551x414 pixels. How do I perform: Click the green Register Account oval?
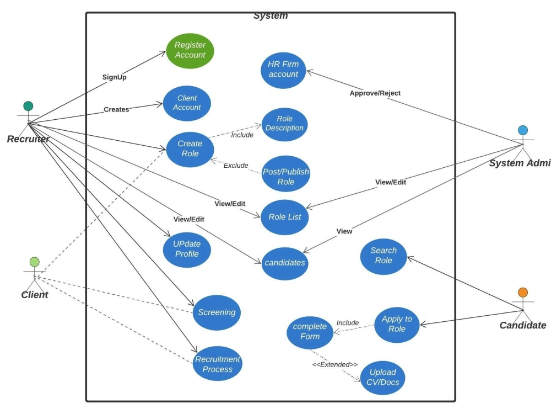pos(190,50)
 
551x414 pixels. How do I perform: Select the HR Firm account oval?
pos(283,70)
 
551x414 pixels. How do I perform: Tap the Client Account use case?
pos(187,103)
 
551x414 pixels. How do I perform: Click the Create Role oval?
pos(190,148)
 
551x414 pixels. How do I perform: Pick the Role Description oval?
pos(284,124)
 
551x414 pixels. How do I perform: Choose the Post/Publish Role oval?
pos(285,177)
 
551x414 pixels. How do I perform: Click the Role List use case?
pos(284,217)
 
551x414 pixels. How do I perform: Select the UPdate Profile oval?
pos(187,249)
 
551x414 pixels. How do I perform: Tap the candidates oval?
pos(285,263)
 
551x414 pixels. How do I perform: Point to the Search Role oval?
pos(383,256)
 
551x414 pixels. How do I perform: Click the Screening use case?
pos(217,312)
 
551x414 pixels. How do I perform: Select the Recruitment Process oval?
pos(218,364)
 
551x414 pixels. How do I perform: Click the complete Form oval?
pos(310,332)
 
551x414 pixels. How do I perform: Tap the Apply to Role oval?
pos(397,325)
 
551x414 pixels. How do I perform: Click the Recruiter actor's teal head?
pos(28,106)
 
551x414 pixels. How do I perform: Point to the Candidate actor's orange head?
pos(523,293)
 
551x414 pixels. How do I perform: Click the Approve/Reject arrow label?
pos(375,93)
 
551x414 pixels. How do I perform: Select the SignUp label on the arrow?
pos(114,77)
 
